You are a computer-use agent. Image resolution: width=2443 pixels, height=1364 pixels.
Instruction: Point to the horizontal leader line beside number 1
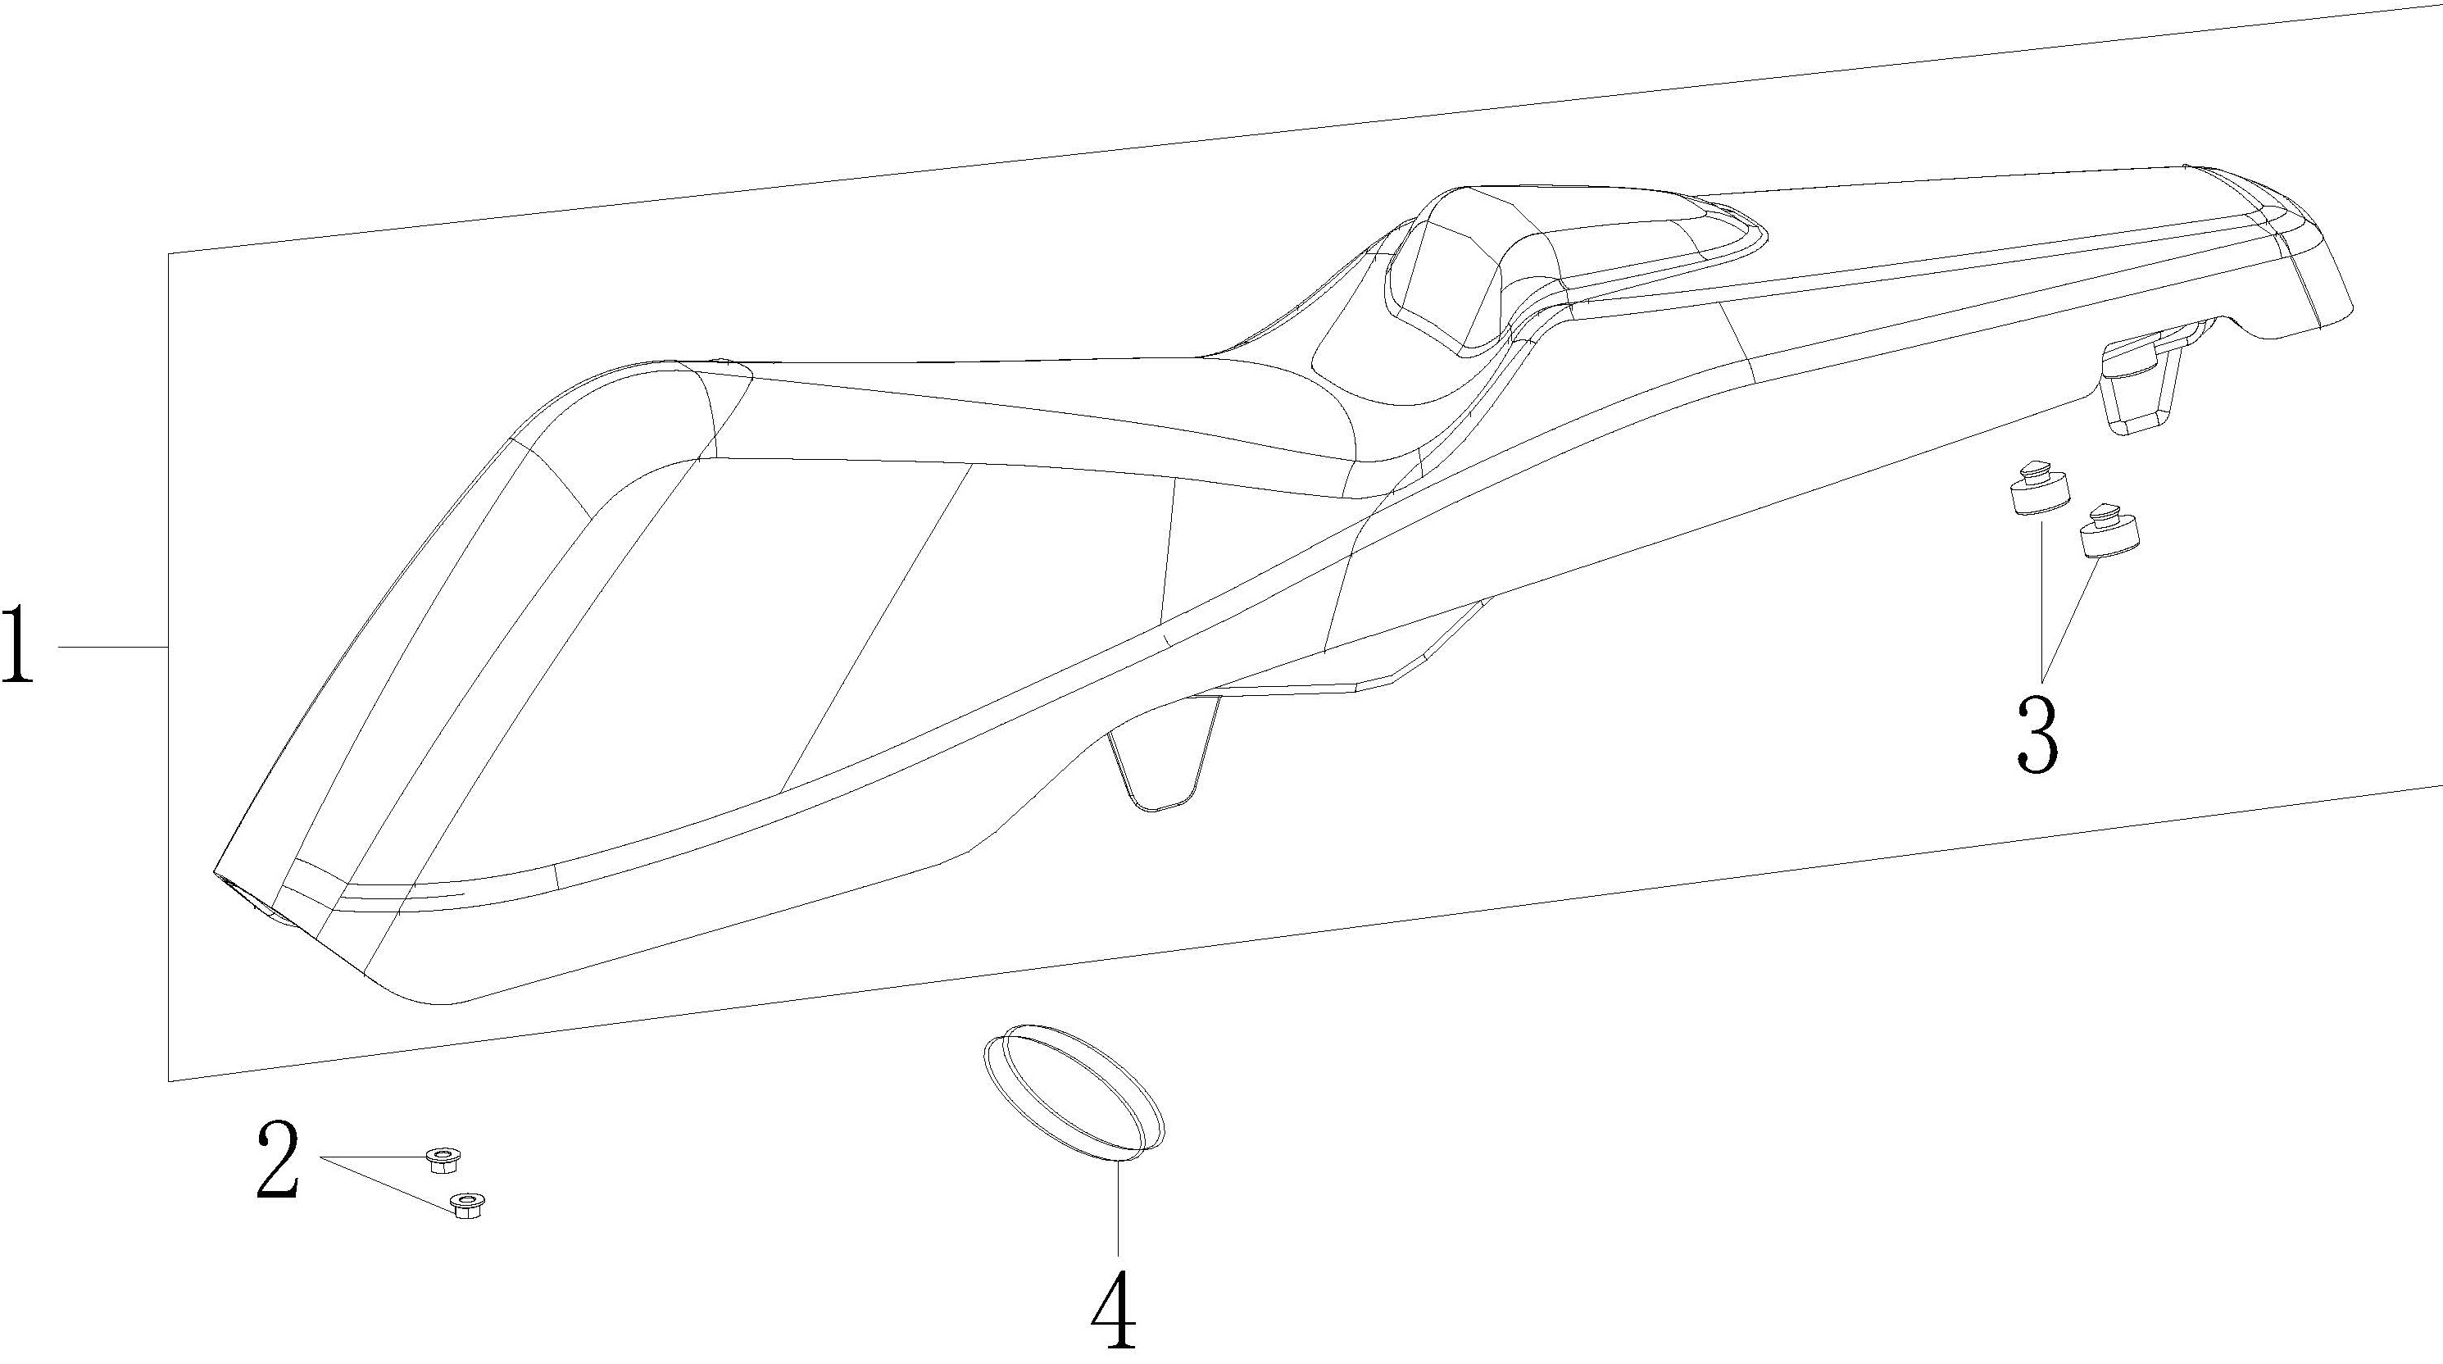pos(114,646)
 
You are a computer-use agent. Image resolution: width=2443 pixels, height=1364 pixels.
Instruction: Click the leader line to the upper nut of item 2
pos(375,1158)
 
